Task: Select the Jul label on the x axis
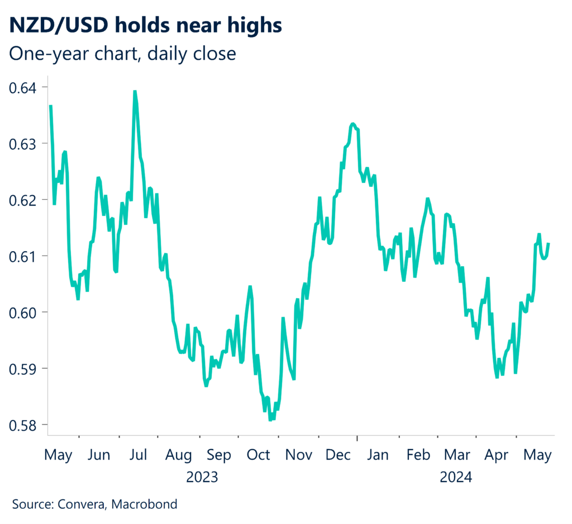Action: click(x=138, y=455)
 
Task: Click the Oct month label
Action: click(x=258, y=455)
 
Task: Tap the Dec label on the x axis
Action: click(x=338, y=455)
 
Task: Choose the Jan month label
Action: click(x=378, y=455)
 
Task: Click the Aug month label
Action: click(x=179, y=455)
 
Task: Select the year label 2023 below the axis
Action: click(x=202, y=478)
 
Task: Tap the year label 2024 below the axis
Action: click(x=456, y=478)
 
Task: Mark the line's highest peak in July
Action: click(x=135, y=91)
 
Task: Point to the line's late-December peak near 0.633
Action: click(x=353, y=124)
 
